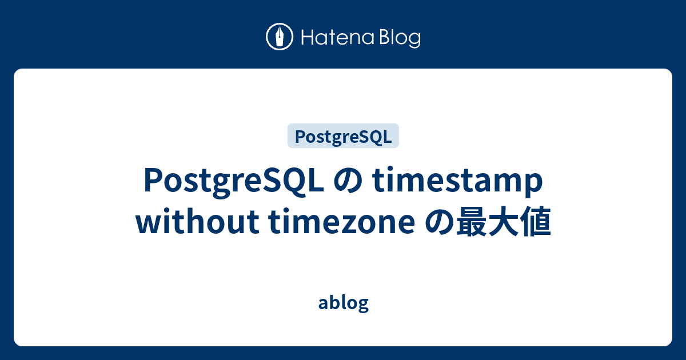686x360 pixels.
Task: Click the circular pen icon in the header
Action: pyautogui.click(x=280, y=37)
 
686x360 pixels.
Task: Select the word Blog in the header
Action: pyautogui.click(x=398, y=38)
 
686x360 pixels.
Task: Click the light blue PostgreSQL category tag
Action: pyautogui.click(x=343, y=137)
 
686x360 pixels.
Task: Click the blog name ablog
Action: pyautogui.click(x=343, y=303)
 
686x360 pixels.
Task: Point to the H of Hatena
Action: pyautogui.click(x=306, y=38)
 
